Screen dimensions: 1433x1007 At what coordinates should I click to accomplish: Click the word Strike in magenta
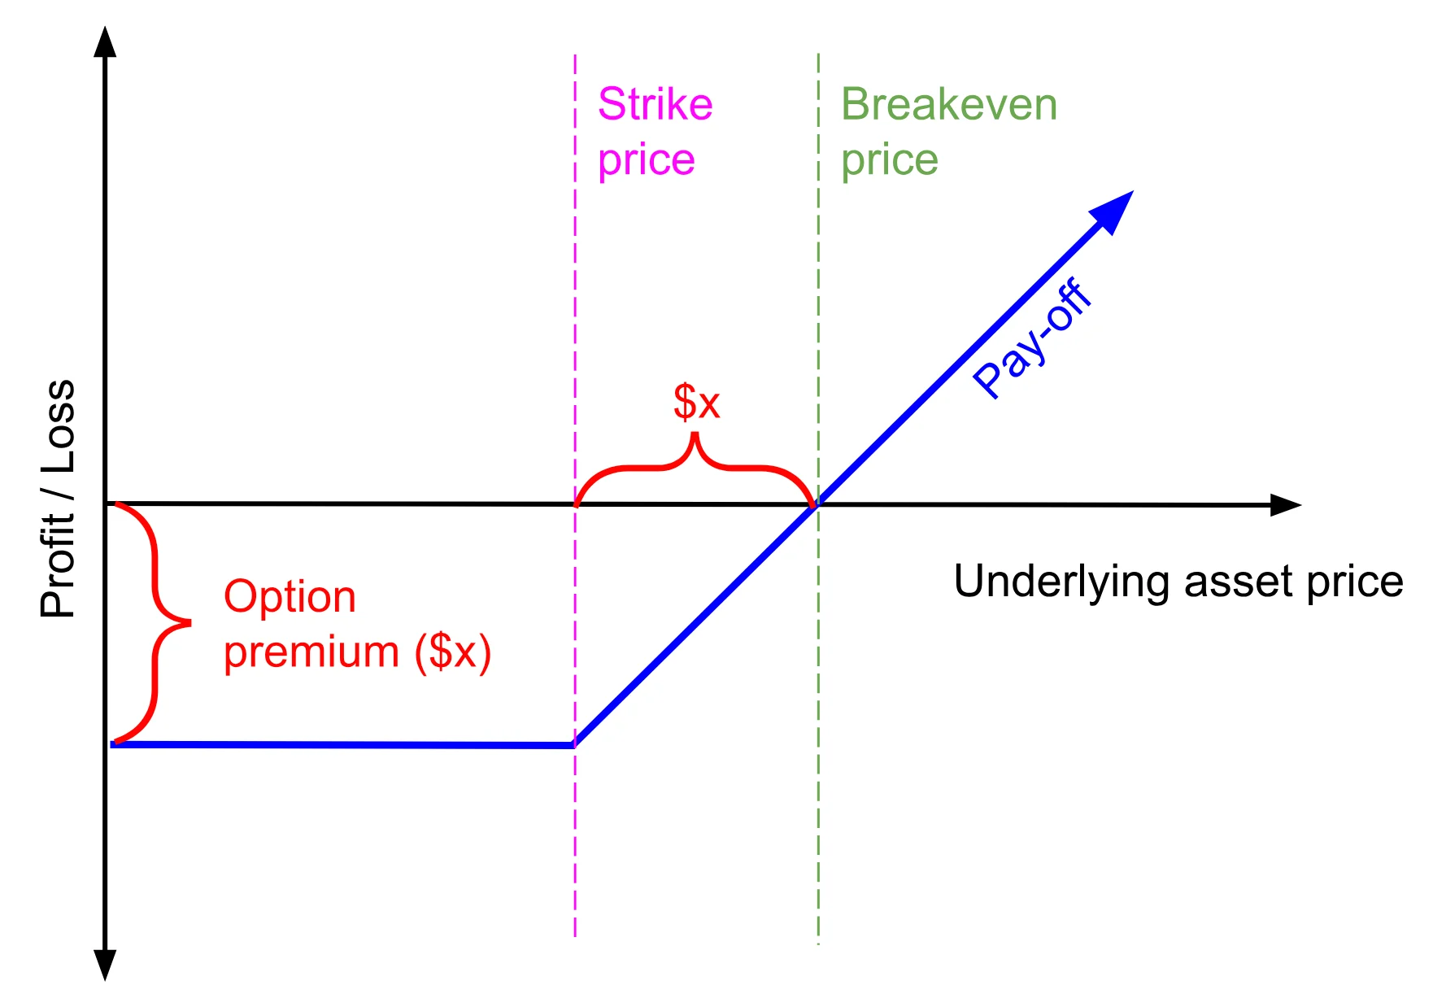[655, 105]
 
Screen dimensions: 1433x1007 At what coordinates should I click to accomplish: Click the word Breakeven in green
[948, 105]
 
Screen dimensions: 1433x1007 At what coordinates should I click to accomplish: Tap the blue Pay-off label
[1032, 338]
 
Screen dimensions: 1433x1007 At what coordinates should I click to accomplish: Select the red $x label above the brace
[697, 402]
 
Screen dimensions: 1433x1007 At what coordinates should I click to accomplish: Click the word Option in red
[290, 597]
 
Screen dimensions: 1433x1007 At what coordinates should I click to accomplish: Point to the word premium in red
[311, 652]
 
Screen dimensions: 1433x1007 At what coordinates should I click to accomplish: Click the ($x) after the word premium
[453, 652]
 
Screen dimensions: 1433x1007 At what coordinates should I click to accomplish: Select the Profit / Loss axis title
[59, 498]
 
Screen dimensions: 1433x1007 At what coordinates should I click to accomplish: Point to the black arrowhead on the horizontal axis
[1287, 505]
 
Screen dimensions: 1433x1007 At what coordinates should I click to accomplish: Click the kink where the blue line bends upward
[575, 744]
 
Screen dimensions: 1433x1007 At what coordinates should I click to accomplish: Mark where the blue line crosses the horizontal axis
[817, 505]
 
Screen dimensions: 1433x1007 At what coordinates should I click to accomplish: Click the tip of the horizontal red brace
[695, 437]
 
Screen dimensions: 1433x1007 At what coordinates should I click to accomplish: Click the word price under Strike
[647, 160]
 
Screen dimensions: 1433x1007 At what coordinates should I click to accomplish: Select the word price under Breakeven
[890, 160]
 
